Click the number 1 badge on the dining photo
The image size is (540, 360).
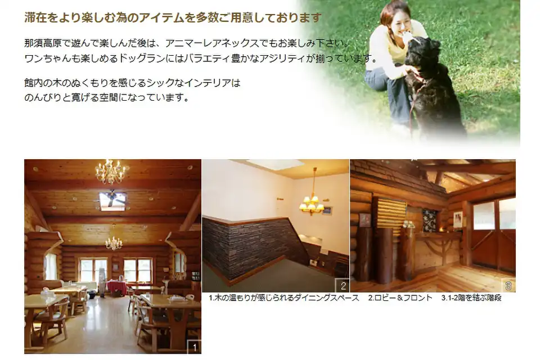pos(194,347)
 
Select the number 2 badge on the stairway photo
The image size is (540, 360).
pos(343,286)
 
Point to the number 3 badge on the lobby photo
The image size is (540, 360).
pos(508,286)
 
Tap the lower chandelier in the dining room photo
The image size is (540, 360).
pos(114,241)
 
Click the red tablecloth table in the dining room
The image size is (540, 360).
pos(117,286)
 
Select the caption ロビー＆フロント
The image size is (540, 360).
pos(400,298)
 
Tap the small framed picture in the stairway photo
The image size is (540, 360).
pos(327,210)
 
